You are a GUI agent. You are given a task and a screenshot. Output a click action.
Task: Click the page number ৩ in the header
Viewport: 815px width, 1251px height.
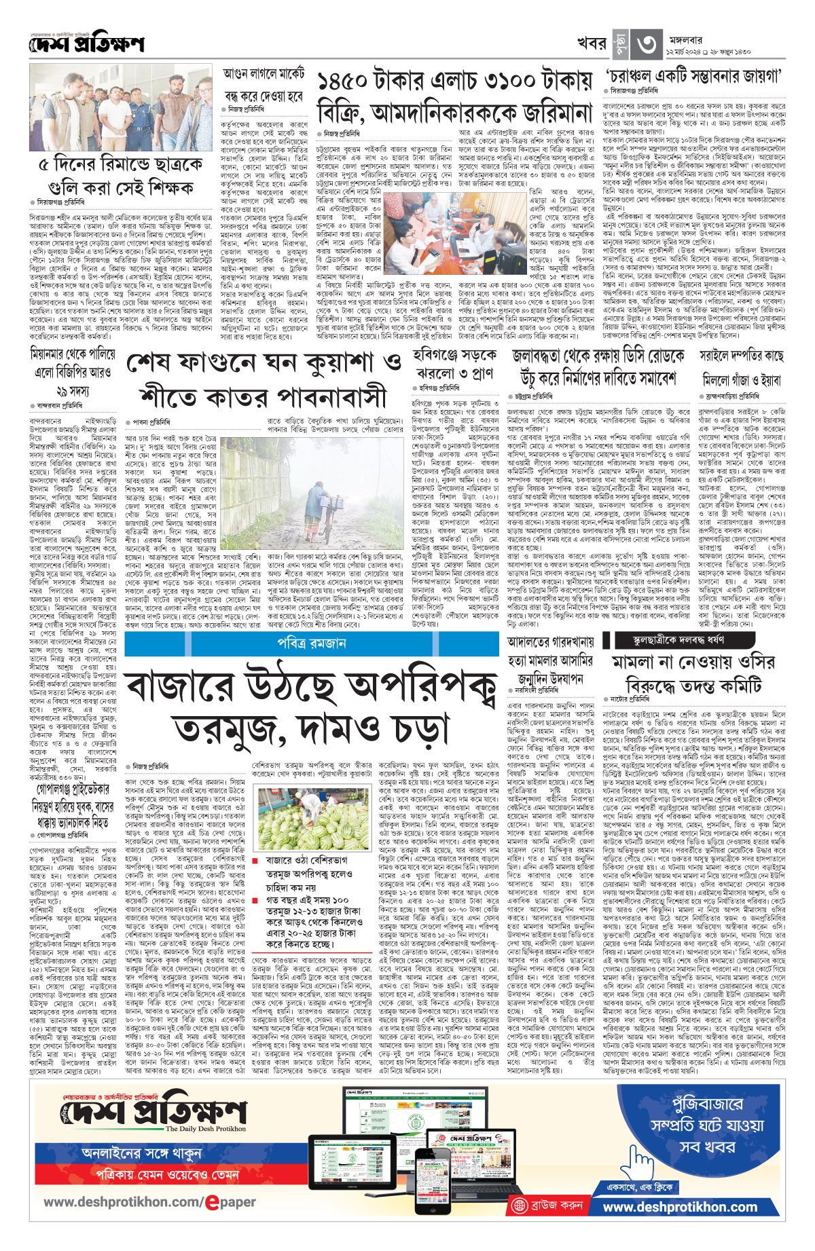click(x=646, y=44)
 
